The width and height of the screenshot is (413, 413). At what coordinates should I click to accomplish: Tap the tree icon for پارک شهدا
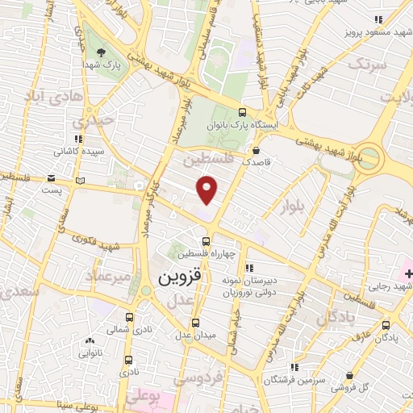coord(101,53)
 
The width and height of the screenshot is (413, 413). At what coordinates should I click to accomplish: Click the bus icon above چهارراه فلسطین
coord(206,240)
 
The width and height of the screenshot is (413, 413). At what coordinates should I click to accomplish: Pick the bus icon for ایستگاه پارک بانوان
coord(244,113)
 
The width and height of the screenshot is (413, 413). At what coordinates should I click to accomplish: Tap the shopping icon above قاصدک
coord(257,149)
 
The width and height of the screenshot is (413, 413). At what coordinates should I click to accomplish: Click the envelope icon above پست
coord(52,177)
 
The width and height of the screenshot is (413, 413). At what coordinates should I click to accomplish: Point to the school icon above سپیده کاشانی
coord(78,138)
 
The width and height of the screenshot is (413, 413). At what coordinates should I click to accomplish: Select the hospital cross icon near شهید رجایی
coord(408,274)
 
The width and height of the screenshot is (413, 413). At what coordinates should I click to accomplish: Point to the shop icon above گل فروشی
coord(348,376)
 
